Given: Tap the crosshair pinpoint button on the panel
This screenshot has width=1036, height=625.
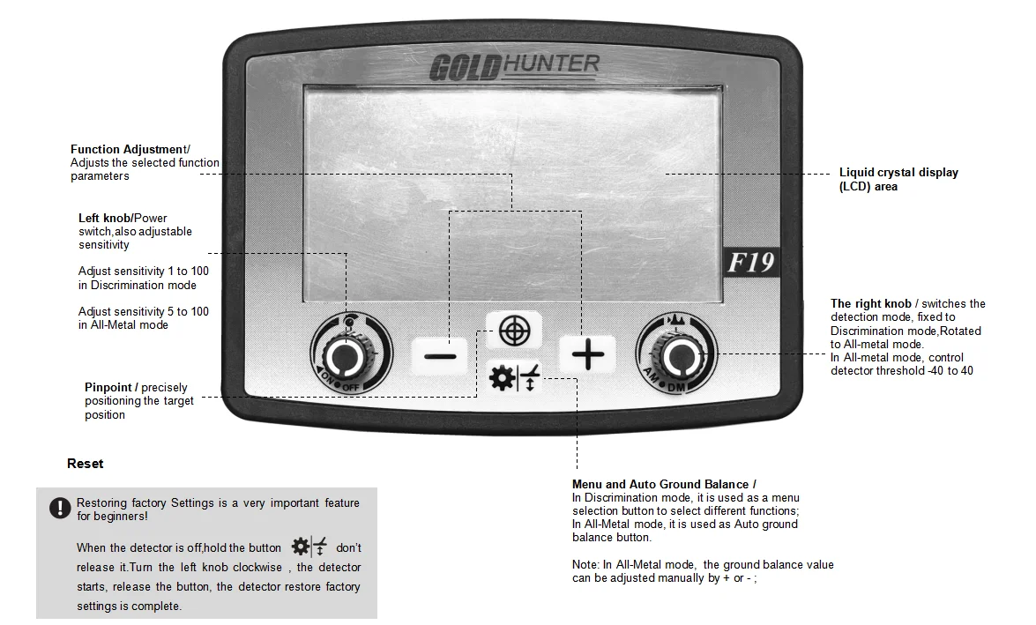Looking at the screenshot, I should coord(514,331).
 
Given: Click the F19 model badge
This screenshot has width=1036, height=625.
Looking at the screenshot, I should coord(750,263).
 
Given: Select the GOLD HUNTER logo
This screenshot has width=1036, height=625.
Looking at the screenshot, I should coord(514,67).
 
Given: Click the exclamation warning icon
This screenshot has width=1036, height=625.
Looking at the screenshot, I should coord(59,508).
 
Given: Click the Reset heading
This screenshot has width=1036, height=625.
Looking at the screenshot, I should coord(85,464).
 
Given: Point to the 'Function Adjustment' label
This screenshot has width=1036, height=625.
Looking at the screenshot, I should coord(128,149).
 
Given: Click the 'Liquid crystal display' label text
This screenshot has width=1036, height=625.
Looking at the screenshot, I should coord(898,173).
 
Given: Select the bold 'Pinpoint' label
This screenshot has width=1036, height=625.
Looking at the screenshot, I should coord(108,387).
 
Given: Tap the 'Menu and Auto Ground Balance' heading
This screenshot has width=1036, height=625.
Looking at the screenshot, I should coord(663,484).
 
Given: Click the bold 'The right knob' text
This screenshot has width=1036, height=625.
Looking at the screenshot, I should coord(870,304).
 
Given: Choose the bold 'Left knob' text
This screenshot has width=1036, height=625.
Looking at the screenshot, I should coord(104,218).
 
